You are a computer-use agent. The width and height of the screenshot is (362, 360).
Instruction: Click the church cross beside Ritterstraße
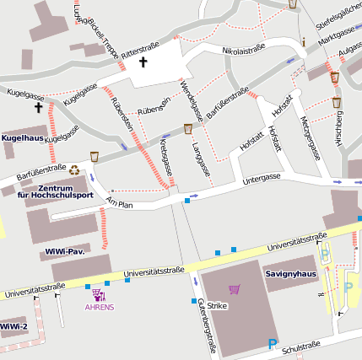pos(143,62)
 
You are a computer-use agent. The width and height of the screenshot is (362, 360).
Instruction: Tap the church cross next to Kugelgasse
pos(38,108)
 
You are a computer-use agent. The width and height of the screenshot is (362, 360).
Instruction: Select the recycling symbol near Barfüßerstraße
pos(74,169)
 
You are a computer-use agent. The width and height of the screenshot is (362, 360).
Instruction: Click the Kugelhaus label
pos(23,137)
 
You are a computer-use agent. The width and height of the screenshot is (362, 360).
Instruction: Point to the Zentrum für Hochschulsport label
pos(55,191)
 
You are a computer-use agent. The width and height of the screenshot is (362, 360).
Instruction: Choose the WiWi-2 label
pos(14,326)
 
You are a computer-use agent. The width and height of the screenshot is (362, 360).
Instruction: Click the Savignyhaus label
pos(289,274)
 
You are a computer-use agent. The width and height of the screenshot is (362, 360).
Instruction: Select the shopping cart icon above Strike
pos(234,289)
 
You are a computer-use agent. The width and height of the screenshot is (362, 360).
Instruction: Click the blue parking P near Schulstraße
pos(272,343)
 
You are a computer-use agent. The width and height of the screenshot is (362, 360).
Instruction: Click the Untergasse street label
pos(261,178)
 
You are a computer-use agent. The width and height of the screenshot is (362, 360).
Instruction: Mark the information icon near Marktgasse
pos(302,41)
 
